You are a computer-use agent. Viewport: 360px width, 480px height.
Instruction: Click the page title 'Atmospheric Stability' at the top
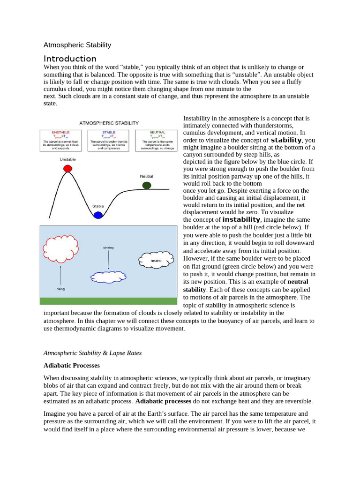pos(77,45)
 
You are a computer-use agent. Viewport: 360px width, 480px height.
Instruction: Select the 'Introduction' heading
pos(70,59)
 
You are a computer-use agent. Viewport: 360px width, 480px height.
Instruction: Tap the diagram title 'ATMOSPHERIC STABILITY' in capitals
pos(109,123)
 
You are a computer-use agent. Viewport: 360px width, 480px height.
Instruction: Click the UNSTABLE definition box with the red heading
pos(61,140)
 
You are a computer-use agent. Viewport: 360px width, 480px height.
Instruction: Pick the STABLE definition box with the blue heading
pos(109,140)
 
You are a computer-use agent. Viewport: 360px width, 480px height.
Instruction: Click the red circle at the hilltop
pos(67,168)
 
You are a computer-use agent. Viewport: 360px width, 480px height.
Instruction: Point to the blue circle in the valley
pos(97,215)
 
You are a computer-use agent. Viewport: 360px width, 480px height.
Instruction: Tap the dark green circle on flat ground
pos(147,185)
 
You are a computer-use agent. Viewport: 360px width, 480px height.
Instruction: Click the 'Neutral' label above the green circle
pos(146,176)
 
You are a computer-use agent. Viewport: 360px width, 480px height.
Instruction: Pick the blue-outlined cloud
pos(108,277)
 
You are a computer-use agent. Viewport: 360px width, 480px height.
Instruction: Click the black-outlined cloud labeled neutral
pos(156,260)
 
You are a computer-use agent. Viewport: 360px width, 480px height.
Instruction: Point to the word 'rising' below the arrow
pos(60,289)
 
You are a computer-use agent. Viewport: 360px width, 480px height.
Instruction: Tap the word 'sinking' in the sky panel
pos(108,247)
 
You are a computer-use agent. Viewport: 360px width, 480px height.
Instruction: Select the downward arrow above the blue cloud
pos(108,260)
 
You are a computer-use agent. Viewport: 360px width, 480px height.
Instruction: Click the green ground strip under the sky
pos(109,301)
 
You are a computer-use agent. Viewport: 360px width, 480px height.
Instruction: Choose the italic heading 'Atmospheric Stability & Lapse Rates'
pos(92,353)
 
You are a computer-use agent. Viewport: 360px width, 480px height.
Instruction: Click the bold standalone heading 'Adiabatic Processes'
pos(72,365)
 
